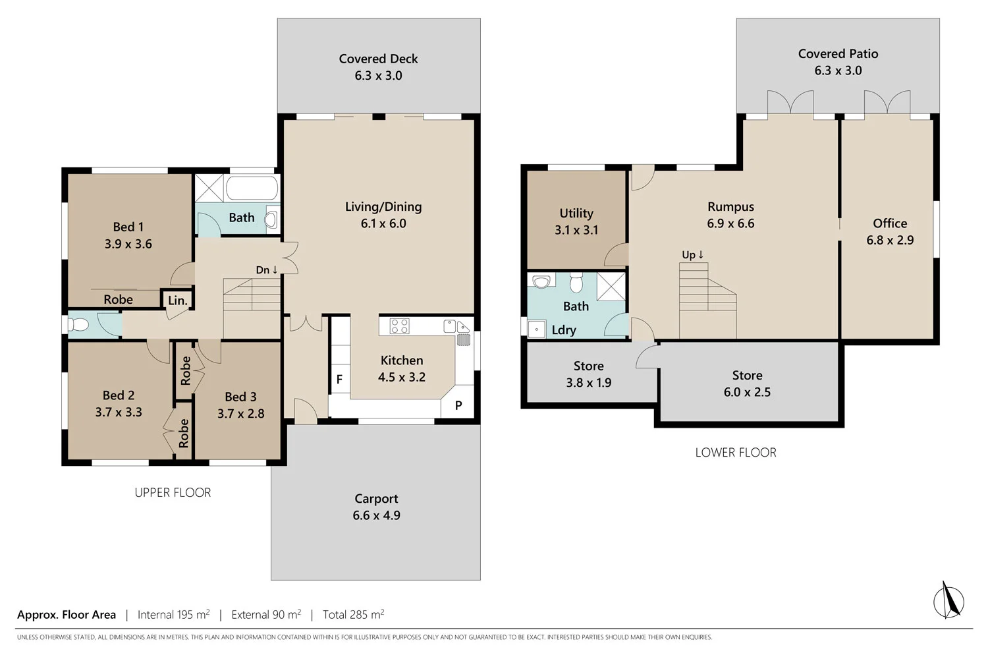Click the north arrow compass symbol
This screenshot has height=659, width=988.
pyautogui.click(x=948, y=600)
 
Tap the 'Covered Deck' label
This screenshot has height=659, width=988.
pyautogui.click(x=379, y=59)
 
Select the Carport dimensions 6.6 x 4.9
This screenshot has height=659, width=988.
pyautogui.click(x=376, y=515)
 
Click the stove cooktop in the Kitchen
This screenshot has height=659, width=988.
pyautogui.click(x=400, y=326)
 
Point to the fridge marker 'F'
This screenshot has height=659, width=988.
pyautogui.click(x=339, y=379)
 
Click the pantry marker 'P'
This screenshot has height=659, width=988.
pyautogui.click(x=458, y=405)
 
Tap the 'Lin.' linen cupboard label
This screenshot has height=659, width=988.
pyautogui.click(x=178, y=301)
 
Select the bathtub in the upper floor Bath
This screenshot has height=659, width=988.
pyautogui.click(x=252, y=188)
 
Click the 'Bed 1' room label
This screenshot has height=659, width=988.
pyautogui.click(x=128, y=227)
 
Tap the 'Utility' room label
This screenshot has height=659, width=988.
pyautogui.click(x=576, y=214)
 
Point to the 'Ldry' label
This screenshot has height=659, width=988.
pyautogui.click(x=564, y=330)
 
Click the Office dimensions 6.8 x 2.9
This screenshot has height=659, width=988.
pyautogui.click(x=890, y=240)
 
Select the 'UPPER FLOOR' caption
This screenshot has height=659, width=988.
pyautogui.click(x=173, y=492)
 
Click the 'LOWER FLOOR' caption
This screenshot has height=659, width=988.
pyautogui.click(x=736, y=453)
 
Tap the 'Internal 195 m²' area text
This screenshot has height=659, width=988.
pyautogui.click(x=173, y=614)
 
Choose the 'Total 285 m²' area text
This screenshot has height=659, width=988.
pyautogui.click(x=353, y=614)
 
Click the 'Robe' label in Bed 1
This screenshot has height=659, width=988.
pyautogui.click(x=118, y=299)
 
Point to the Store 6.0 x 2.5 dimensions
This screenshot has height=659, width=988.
pyautogui.click(x=747, y=392)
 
